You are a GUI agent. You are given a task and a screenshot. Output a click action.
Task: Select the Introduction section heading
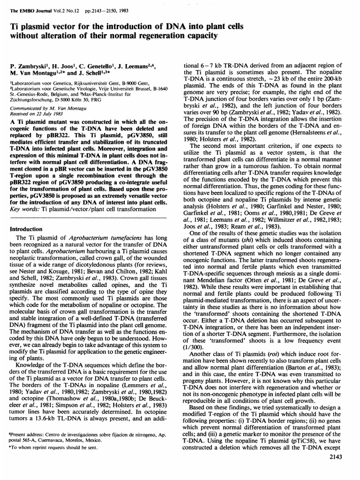coord(27,230)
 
